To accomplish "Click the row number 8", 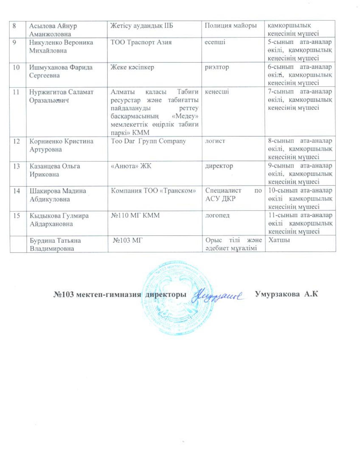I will (x=14, y=26).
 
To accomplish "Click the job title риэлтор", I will (x=217, y=67).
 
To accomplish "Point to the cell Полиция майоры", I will (x=230, y=26).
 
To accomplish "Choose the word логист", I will (x=215, y=141).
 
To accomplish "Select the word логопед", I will (x=217, y=215).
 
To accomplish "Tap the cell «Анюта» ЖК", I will (x=131, y=166).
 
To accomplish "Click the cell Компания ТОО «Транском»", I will (x=153, y=191).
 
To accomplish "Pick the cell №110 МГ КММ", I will (x=135, y=215).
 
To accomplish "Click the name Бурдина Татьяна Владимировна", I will (x=55, y=244).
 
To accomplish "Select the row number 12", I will (x=16, y=141).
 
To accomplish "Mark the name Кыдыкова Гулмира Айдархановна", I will (x=59, y=220).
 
